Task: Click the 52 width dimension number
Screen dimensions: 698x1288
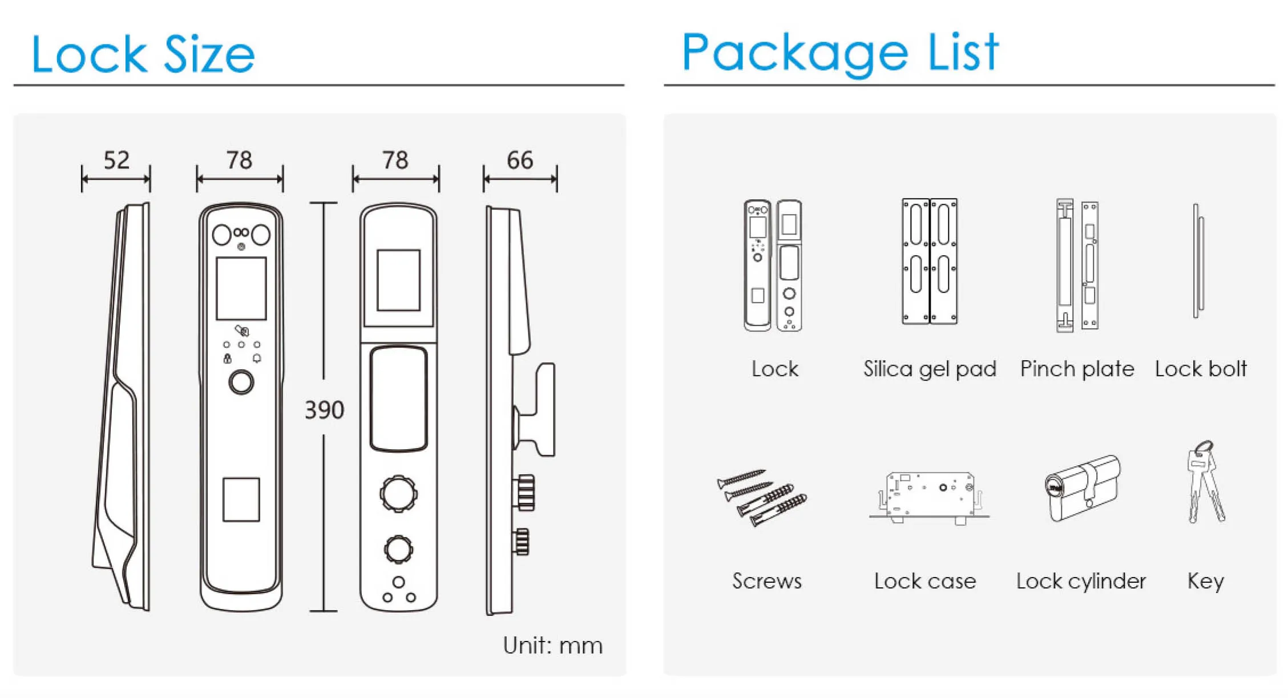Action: click(x=116, y=160)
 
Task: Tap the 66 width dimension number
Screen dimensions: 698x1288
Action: click(x=520, y=160)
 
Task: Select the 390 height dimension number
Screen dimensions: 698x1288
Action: click(x=324, y=410)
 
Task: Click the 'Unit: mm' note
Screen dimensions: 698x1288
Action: click(x=552, y=645)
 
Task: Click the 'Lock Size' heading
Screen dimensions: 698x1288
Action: click(x=143, y=54)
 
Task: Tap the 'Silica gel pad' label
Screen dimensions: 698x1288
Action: click(x=930, y=369)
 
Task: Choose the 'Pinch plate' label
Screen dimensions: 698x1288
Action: click(x=1077, y=369)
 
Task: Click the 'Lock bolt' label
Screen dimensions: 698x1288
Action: click(x=1201, y=369)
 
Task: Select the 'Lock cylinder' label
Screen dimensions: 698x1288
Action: click(x=1081, y=581)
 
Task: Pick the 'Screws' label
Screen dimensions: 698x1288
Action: click(x=767, y=581)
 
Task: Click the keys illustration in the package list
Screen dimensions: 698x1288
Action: click(x=1205, y=482)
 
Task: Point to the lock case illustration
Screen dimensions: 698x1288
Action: click(x=929, y=497)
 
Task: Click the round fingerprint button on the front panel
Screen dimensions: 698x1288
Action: click(x=241, y=382)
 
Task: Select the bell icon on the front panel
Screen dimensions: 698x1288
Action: click(x=257, y=358)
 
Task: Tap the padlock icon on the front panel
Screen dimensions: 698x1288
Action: click(x=227, y=358)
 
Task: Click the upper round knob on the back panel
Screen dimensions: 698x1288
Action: click(x=399, y=493)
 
